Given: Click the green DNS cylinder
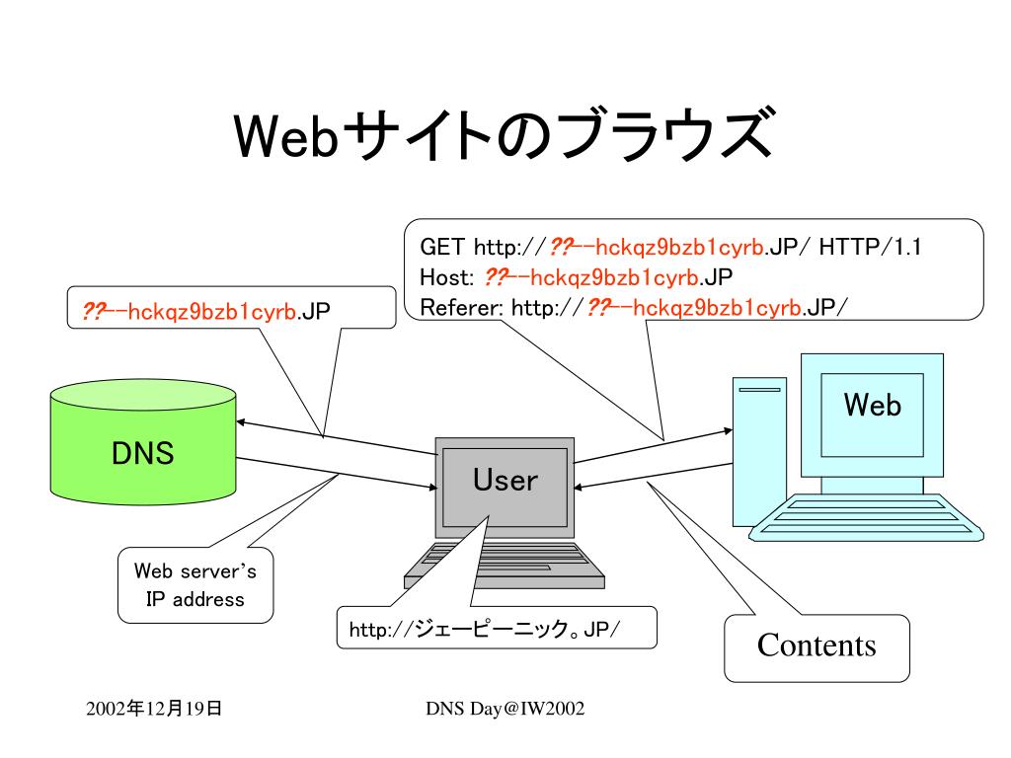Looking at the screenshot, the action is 143,442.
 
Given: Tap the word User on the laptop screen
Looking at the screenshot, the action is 505,481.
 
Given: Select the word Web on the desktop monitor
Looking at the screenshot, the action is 873,406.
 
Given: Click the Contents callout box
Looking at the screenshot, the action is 817,647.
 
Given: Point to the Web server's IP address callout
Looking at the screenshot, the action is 195,585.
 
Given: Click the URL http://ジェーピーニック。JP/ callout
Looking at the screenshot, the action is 497,627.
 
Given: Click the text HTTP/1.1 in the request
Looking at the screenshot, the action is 870,247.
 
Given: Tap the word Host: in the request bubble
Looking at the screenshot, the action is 447,277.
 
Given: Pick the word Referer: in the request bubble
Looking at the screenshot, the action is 461,308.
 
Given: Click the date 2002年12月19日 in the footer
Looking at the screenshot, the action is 153,709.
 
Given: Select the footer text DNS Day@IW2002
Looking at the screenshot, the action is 505,709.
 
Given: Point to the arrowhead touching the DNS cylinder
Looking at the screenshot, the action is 241,422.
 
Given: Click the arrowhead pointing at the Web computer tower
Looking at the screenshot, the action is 728,430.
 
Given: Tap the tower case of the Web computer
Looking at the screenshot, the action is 759,452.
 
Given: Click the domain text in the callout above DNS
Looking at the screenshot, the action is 205,311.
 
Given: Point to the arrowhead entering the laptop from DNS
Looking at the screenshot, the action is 433,488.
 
